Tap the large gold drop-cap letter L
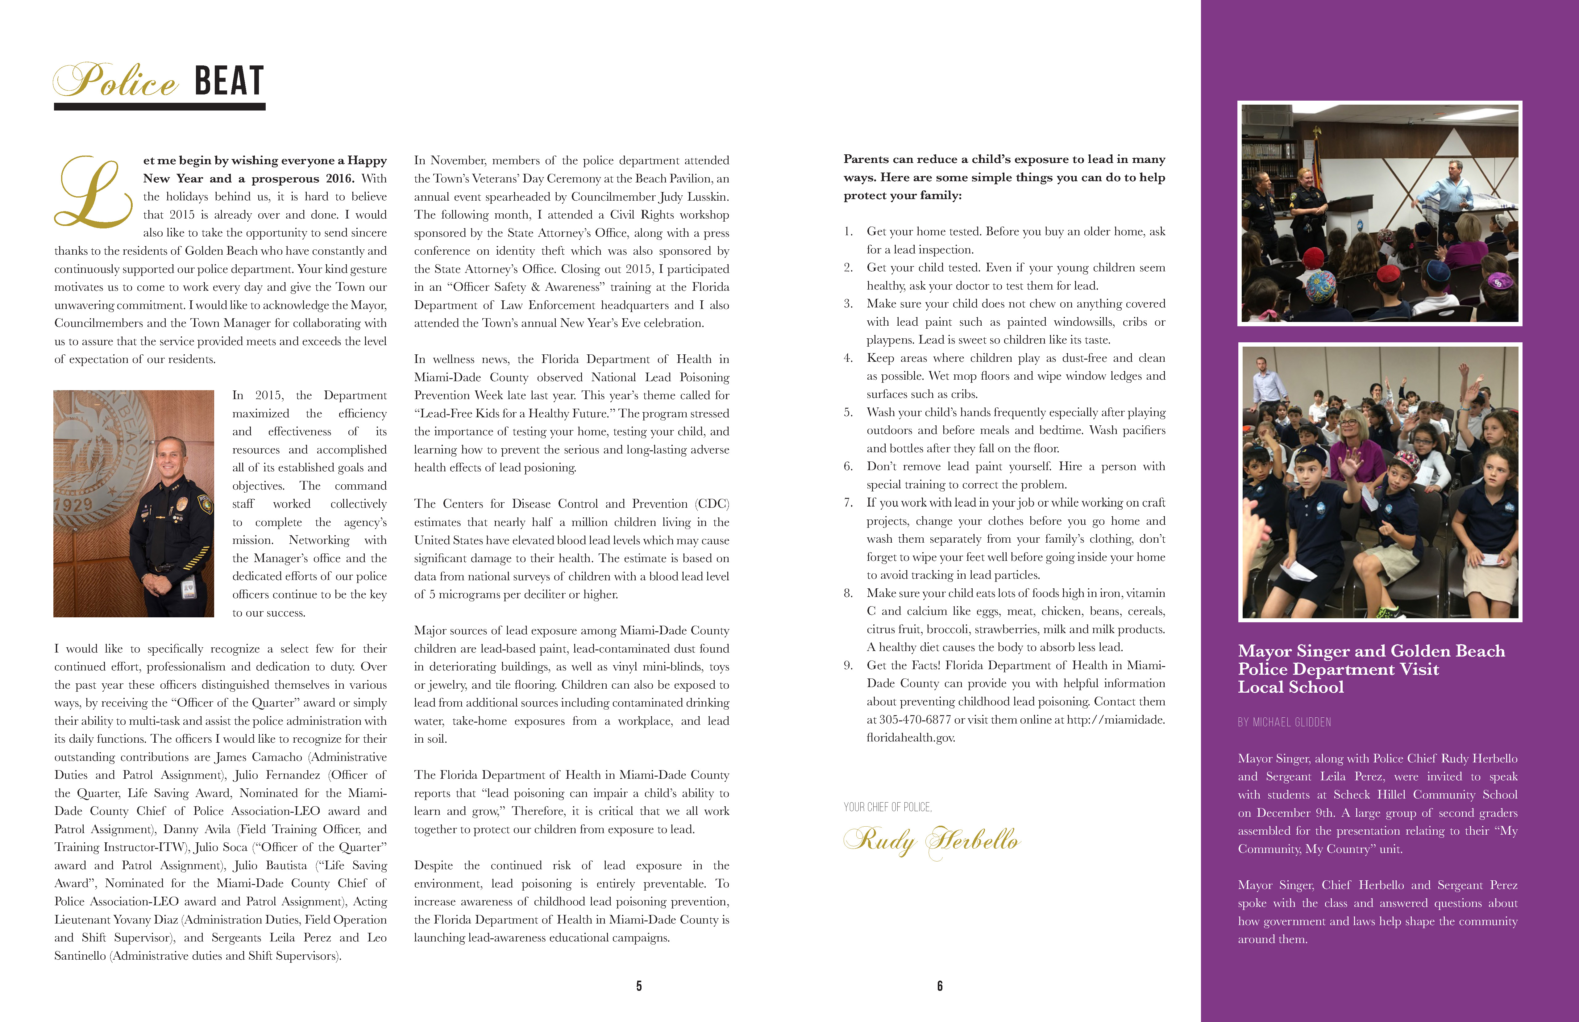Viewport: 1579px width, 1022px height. pyautogui.click(x=93, y=193)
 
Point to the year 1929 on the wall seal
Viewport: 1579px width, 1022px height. pyautogui.click(x=73, y=504)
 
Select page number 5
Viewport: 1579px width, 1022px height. pyautogui.click(x=639, y=986)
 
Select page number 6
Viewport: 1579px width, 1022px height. pyautogui.click(x=939, y=986)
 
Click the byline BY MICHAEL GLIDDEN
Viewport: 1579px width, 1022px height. pyautogui.click(x=1284, y=722)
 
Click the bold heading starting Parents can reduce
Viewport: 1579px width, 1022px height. pyautogui.click(x=1004, y=177)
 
